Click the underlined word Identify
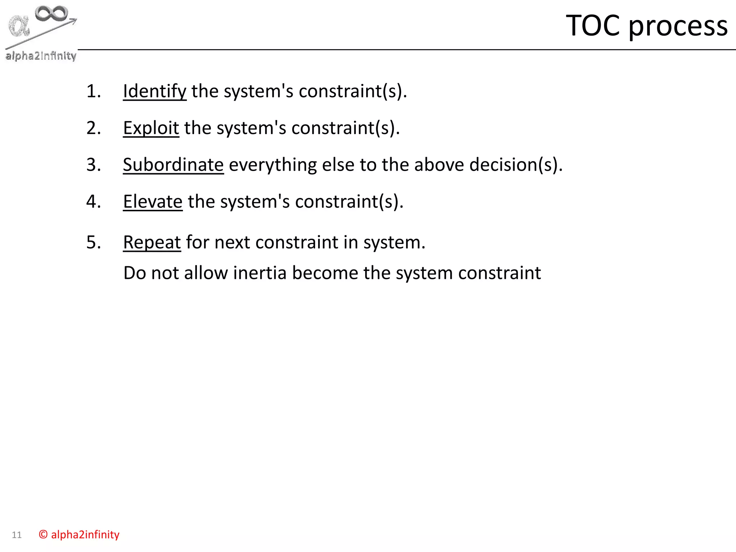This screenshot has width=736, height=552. [155, 91]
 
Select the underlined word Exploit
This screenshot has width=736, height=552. [151, 128]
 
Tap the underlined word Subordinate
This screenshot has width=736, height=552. [173, 165]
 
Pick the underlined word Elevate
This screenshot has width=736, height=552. [153, 202]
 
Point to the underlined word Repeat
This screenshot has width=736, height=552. [152, 242]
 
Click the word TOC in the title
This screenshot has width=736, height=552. [593, 26]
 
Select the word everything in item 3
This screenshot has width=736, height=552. [273, 166]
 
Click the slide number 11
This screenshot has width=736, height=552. [17, 535]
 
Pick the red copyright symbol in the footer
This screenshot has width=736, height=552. [43, 535]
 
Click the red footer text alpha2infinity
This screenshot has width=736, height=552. [85, 535]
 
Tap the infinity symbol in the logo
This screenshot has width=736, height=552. [51, 13]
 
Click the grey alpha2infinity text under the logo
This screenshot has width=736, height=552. [41, 56]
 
